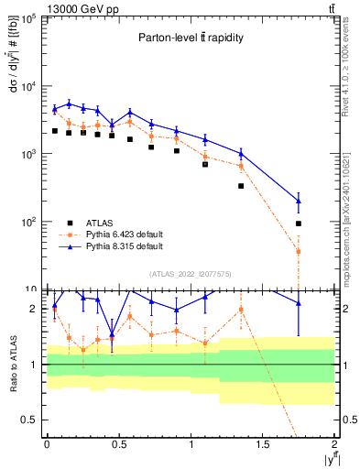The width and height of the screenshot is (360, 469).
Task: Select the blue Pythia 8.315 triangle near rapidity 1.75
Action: [x=299, y=201]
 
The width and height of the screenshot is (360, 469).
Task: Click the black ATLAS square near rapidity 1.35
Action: [x=241, y=186]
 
